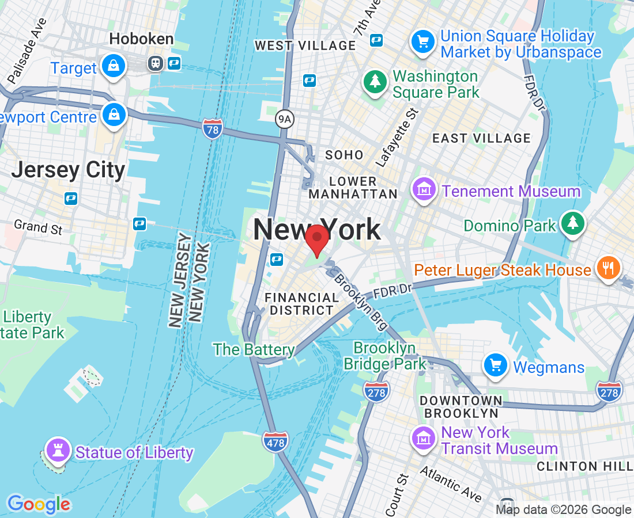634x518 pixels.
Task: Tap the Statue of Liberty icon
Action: click(57, 451)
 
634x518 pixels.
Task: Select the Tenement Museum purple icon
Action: click(424, 189)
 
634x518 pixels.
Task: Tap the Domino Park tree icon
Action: click(573, 224)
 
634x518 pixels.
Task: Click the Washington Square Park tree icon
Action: click(375, 82)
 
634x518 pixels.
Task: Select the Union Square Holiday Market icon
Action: click(423, 42)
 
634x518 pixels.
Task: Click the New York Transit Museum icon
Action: click(424, 439)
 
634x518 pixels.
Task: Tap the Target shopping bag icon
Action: click(114, 66)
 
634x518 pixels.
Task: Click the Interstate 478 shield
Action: click(275, 441)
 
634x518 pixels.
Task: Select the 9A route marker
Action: click(285, 119)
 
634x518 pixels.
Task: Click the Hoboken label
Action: click(141, 39)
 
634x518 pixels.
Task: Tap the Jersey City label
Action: click(68, 170)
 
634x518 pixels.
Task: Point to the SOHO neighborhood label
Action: click(344, 155)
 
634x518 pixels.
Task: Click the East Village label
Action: click(481, 138)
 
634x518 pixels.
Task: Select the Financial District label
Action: click(301, 303)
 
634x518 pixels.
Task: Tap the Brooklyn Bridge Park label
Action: click(384, 356)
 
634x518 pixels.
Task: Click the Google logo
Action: click(39, 504)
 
